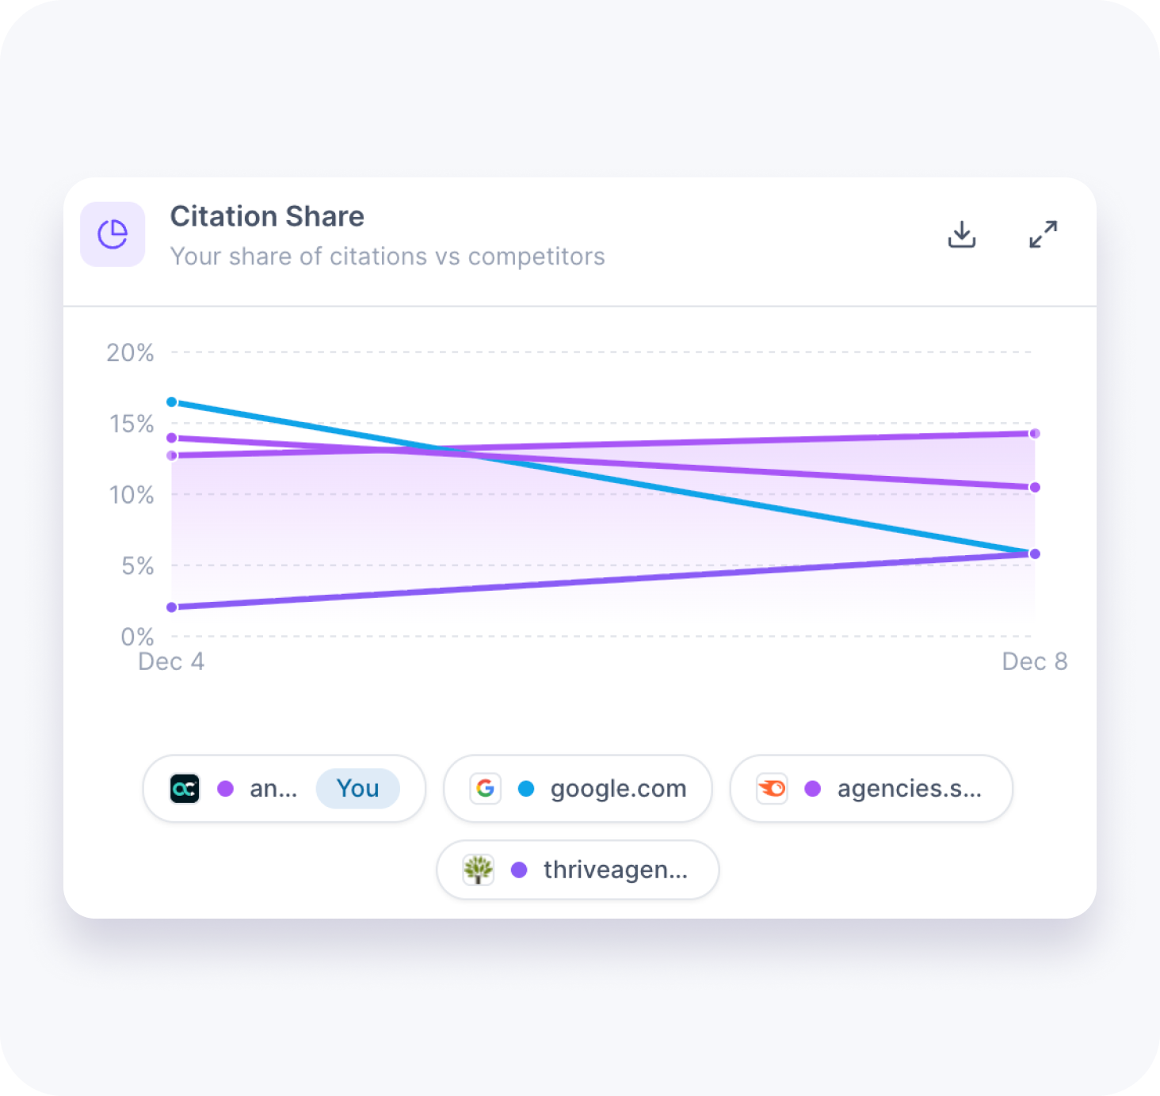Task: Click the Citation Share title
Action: click(x=267, y=216)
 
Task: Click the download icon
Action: click(x=962, y=234)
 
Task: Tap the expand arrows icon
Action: click(x=1043, y=234)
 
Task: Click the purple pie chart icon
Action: click(x=113, y=234)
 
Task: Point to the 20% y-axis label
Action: click(x=130, y=352)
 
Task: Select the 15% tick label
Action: click(x=132, y=424)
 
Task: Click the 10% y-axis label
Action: click(x=132, y=495)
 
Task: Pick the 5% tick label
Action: click(x=137, y=566)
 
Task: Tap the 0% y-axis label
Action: click(x=137, y=637)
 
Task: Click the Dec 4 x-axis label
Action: click(x=171, y=661)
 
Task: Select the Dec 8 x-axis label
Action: click(x=1034, y=661)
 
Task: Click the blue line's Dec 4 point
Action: click(x=172, y=402)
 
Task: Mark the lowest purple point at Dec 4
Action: click(x=172, y=607)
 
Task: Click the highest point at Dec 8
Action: click(x=1035, y=433)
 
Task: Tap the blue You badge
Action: click(x=357, y=789)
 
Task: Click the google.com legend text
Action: click(x=618, y=789)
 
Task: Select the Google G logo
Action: click(x=486, y=789)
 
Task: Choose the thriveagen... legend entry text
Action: click(x=615, y=870)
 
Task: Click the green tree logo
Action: click(x=479, y=870)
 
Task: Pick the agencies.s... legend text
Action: click(x=909, y=789)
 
